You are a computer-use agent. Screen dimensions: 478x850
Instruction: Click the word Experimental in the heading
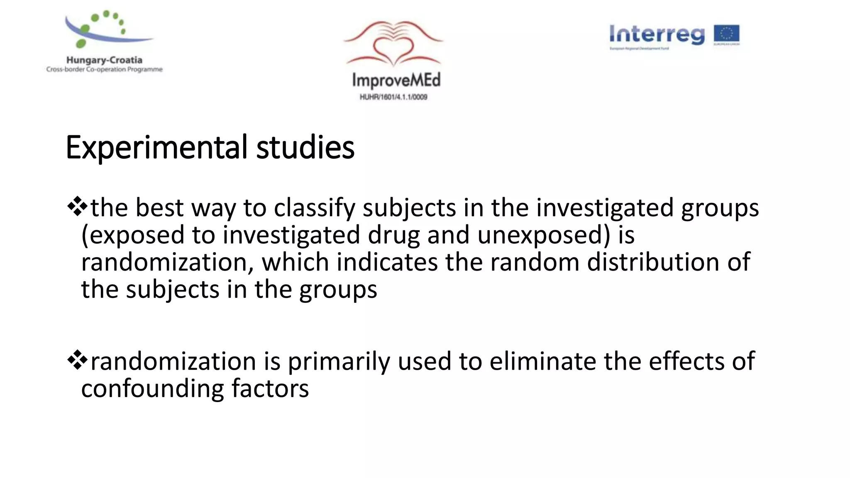156,148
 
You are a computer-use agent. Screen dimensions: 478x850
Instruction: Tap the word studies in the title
305,148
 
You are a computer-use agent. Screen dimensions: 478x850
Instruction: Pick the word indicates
387,262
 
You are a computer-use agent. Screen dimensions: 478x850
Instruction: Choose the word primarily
339,362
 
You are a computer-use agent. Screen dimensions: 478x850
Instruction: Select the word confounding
152,389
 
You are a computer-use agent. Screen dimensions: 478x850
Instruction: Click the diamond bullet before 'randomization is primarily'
77,360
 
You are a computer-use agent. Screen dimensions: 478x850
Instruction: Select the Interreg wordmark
657,34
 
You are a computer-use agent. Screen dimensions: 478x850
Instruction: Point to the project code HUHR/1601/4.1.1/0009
393,97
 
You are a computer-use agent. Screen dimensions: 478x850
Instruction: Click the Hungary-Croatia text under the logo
104,60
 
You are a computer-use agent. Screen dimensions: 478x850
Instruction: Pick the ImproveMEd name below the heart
396,80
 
